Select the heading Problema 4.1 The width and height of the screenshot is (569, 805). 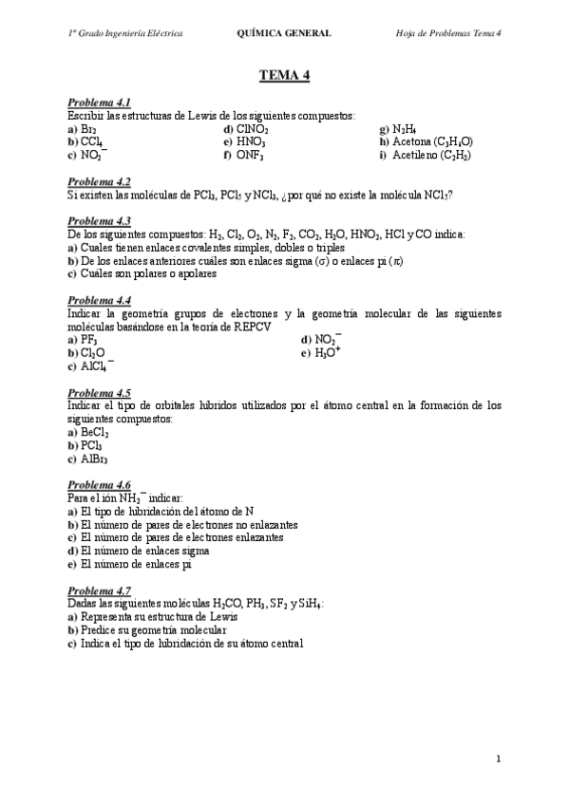coord(99,102)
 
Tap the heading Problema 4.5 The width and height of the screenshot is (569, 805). coord(99,392)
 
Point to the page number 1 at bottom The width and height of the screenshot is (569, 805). coord(497,759)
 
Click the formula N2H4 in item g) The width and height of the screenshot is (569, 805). coord(404,128)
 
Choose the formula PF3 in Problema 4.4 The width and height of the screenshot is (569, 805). coord(88,339)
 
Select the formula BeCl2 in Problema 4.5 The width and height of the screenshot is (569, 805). coord(93,432)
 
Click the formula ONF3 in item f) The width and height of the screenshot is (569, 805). coord(251,155)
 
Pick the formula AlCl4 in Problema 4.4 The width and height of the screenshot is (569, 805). coord(96,365)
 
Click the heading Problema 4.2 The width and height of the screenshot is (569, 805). coord(99,181)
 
